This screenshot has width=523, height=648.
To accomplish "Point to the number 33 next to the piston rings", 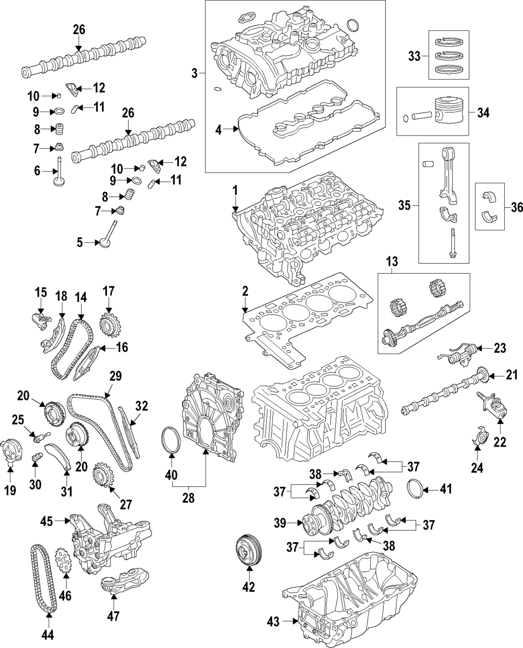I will click(x=414, y=57).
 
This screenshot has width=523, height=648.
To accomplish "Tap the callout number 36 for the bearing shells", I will click(x=516, y=207).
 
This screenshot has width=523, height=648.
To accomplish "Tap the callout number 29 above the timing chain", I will click(x=115, y=376).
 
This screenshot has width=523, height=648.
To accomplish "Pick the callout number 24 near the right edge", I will click(x=476, y=467).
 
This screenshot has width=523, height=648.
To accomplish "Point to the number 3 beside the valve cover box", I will click(x=194, y=73).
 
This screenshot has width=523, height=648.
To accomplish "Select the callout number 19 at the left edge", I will click(x=10, y=490).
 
